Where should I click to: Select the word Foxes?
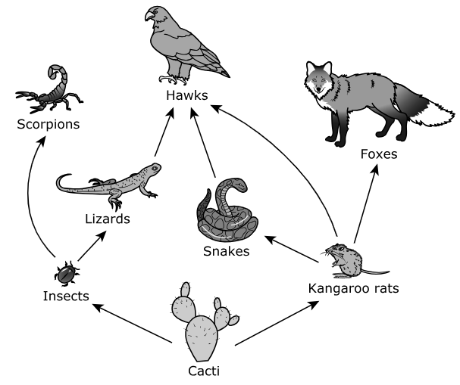(x=379, y=155)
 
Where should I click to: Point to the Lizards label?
(x=108, y=219)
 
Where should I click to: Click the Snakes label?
(x=225, y=250)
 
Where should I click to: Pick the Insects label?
(x=65, y=296)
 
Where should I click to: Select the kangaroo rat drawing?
(x=349, y=259)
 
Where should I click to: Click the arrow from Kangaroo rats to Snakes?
(x=292, y=252)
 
